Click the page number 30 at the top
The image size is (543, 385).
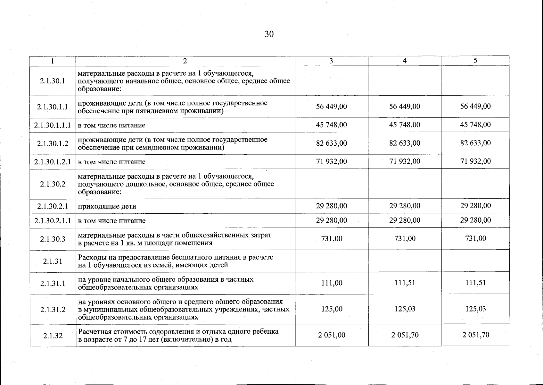coord(269,34)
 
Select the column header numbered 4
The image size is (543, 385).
coord(405,61)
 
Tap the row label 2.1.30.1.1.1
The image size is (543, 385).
coord(53,125)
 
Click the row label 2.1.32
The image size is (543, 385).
coord(53,336)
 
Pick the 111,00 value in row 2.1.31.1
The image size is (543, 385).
coord(332,283)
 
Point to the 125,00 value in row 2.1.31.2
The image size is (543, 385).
coord(332,309)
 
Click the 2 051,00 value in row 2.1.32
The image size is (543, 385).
coord(332,335)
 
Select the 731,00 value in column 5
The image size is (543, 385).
coord(475,238)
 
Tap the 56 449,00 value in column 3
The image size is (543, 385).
coord(332,107)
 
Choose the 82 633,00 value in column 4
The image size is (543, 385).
coord(405,143)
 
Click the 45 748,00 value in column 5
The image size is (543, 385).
coord(475,124)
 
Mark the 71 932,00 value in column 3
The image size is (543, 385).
coord(332,161)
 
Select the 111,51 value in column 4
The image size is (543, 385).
coord(405,283)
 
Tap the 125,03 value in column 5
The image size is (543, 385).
coord(475,309)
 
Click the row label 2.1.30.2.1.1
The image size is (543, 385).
coord(53,221)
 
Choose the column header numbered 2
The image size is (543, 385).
coord(185,61)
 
